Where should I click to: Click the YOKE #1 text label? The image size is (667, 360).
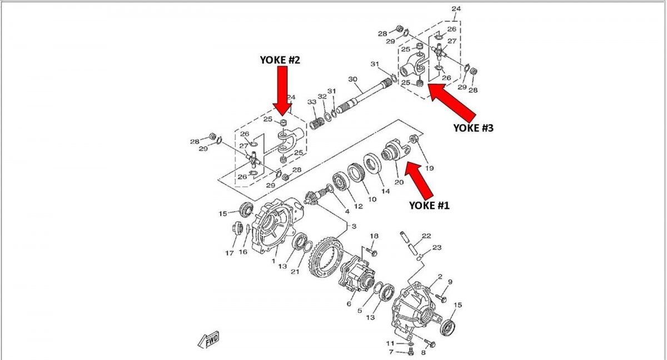click(x=429, y=205)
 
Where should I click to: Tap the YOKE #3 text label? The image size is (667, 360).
click(x=473, y=127)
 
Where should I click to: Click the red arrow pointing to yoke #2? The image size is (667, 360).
click(x=282, y=89)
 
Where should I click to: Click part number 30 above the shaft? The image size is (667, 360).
click(x=352, y=79)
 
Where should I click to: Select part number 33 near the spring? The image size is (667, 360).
click(x=311, y=102)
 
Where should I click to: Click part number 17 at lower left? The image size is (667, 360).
click(x=230, y=254)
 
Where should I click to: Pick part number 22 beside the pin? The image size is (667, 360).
click(x=426, y=236)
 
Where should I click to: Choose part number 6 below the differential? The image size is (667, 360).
click(x=349, y=303)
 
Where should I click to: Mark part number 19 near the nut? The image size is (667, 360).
click(x=429, y=168)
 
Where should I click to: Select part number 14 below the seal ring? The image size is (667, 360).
click(x=385, y=191)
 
